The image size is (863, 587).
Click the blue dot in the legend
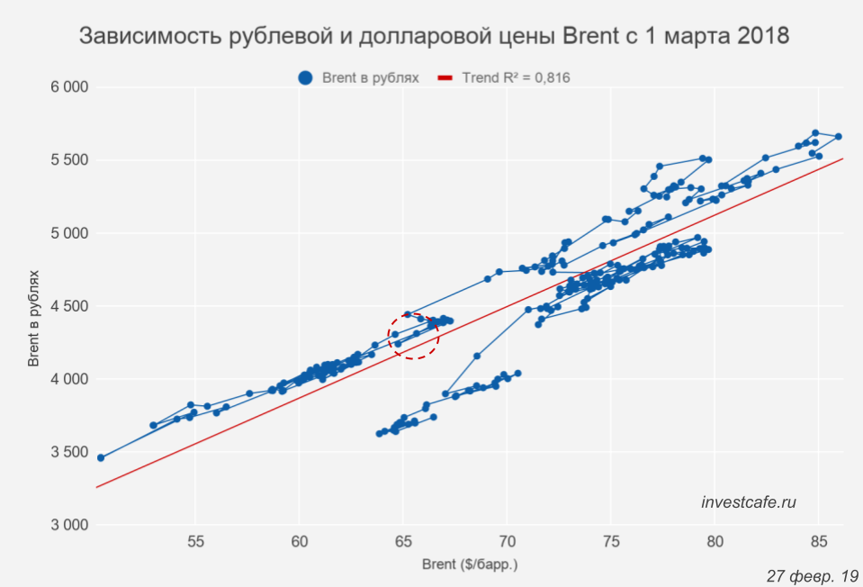click(307, 78)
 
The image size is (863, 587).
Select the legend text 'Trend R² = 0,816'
click(516, 78)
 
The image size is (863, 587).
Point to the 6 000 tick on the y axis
click(68, 87)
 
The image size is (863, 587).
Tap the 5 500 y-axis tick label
click(68, 160)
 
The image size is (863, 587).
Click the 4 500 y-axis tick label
click(68, 306)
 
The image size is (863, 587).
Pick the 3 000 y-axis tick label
click(68, 525)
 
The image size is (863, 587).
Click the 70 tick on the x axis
click(508, 542)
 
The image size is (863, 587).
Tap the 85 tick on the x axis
click(818, 542)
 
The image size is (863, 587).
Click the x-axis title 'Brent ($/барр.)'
click(470, 565)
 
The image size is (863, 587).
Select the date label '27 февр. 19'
click(813, 574)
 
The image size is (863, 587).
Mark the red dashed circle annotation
click(413, 335)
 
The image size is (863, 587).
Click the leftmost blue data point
click(101, 457)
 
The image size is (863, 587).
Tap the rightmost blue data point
click(838, 137)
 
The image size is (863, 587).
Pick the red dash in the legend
click(445, 78)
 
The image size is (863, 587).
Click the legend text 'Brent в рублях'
click(371, 78)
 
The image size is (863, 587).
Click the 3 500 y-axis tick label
click(68, 452)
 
